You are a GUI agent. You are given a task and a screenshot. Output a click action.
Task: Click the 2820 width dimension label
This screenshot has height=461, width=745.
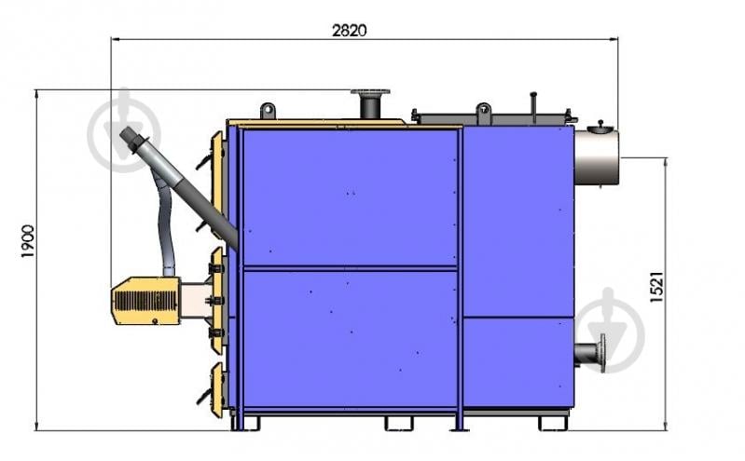[x=350, y=31]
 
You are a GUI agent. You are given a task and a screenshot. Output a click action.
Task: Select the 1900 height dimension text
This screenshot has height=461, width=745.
[x=28, y=241]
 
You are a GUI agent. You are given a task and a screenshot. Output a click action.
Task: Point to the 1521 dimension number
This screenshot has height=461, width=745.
[x=655, y=287]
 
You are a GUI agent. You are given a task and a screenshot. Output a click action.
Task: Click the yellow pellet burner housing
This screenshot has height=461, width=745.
[x=145, y=301]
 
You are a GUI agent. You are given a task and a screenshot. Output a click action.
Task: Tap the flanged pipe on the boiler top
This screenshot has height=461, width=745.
[x=370, y=104]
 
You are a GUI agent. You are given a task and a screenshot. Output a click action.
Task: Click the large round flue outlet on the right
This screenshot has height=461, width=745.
[x=597, y=157]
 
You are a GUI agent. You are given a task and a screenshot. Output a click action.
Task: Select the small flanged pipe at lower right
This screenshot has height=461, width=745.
[x=590, y=353]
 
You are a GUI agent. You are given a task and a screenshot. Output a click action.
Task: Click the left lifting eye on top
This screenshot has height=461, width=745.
[x=268, y=111]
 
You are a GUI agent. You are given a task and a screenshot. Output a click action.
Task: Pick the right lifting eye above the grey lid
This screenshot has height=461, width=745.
[x=484, y=110]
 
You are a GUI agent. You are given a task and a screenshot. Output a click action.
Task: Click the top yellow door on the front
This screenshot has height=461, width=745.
[x=218, y=184]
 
